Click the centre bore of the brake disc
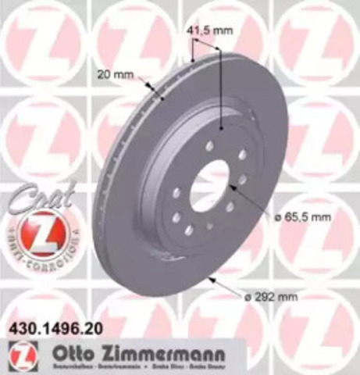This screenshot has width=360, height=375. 209,186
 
